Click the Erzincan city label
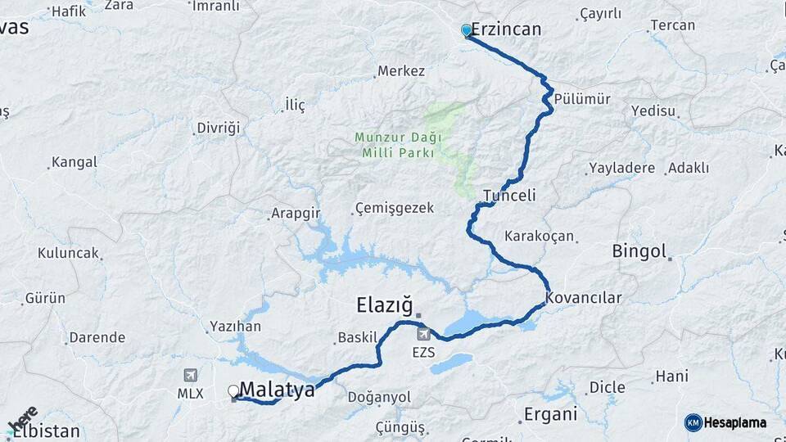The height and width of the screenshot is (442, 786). [x=506, y=29]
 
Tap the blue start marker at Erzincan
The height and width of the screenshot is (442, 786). [x=467, y=30]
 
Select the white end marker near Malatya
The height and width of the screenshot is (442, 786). [x=233, y=391]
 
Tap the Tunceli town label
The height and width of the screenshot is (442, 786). [x=509, y=196]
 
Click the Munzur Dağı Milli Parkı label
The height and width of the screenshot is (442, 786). [x=397, y=145]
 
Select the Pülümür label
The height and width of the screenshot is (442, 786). [x=582, y=99]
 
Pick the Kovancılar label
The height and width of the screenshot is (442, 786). [x=584, y=298]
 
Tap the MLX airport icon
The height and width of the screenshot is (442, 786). [x=191, y=375]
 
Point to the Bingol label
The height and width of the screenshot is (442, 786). [x=639, y=251]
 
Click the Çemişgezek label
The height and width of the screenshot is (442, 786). [x=395, y=208]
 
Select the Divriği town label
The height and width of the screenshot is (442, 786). [x=219, y=128]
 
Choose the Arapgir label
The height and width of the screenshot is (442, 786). [x=295, y=214]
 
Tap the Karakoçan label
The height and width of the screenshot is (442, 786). [x=539, y=236]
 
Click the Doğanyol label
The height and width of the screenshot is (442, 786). [x=379, y=397]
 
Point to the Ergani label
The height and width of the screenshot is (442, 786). [x=550, y=413]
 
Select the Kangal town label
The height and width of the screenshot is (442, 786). [x=74, y=162]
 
